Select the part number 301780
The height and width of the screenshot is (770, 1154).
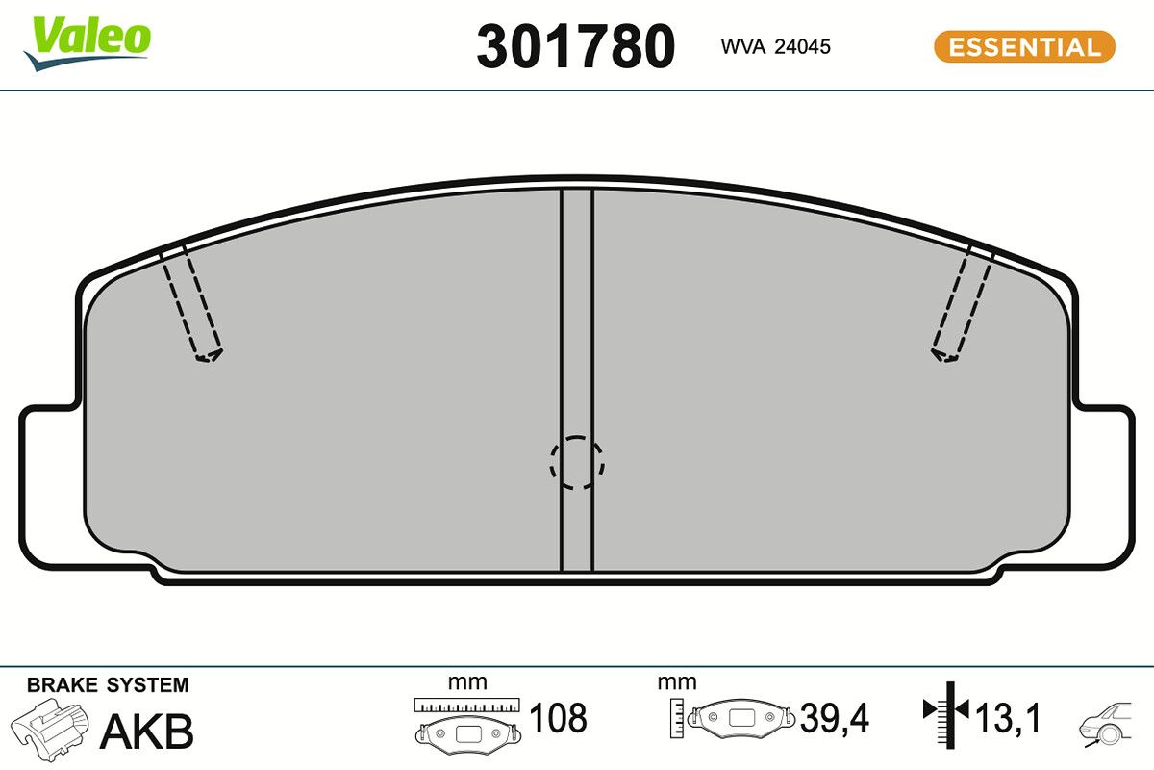[575, 46]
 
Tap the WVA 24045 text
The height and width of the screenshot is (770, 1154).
[775, 46]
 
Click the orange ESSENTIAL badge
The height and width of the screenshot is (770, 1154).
[1024, 46]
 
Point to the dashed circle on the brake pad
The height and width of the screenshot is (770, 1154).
[576, 462]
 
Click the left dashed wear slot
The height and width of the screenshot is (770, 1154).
[191, 302]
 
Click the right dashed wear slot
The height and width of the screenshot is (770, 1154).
[963, 302]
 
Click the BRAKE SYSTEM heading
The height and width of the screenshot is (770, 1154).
[108, 685]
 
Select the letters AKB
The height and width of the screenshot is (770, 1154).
[146, 731]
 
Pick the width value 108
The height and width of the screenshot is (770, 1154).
[558, 718]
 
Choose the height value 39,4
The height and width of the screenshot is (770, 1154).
[834, 718]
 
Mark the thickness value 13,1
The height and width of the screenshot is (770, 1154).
[1007, 718]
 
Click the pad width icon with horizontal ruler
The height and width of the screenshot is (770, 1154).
[466, 722]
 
